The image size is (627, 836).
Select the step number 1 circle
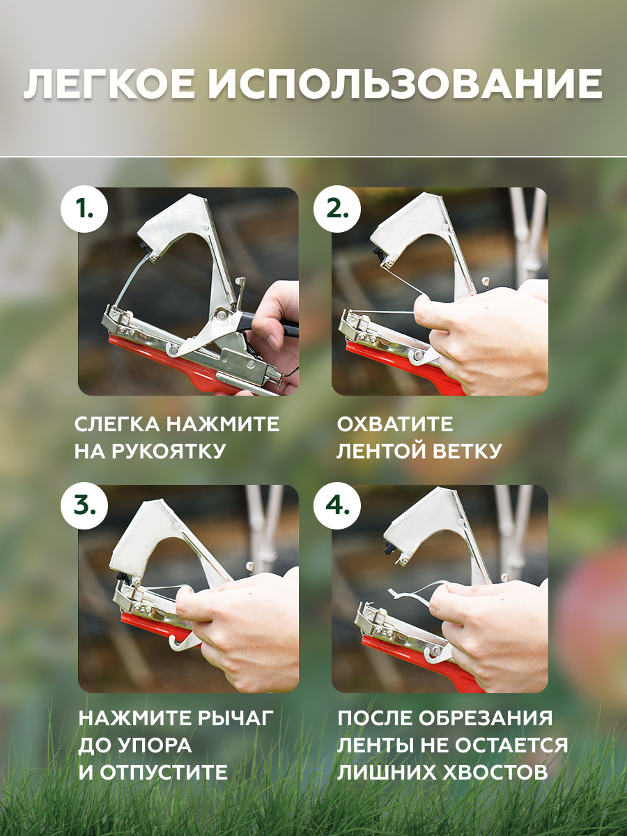coord(84,209)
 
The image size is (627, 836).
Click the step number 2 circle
coord(337,209)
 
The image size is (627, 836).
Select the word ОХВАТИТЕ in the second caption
coord(395,424)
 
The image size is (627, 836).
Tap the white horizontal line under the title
coord(313,157)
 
